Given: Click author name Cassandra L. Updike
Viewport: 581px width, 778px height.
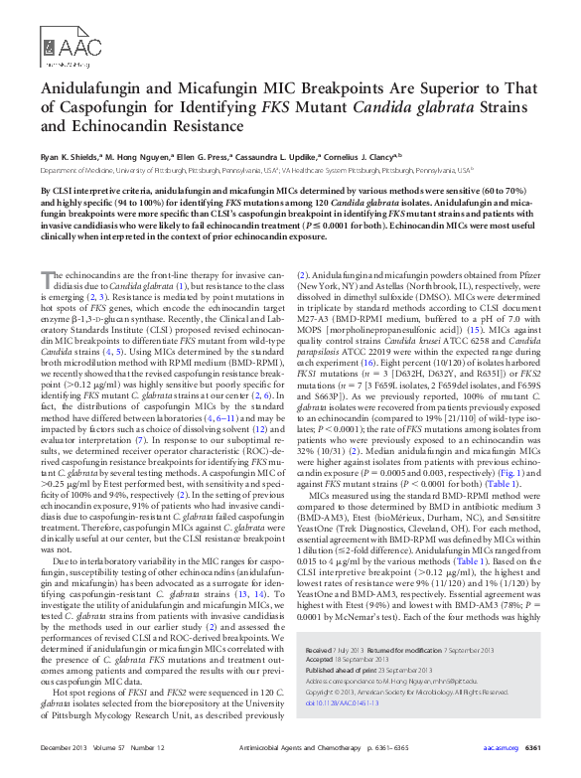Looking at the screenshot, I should pyautogui.click(x=283, y=156).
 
